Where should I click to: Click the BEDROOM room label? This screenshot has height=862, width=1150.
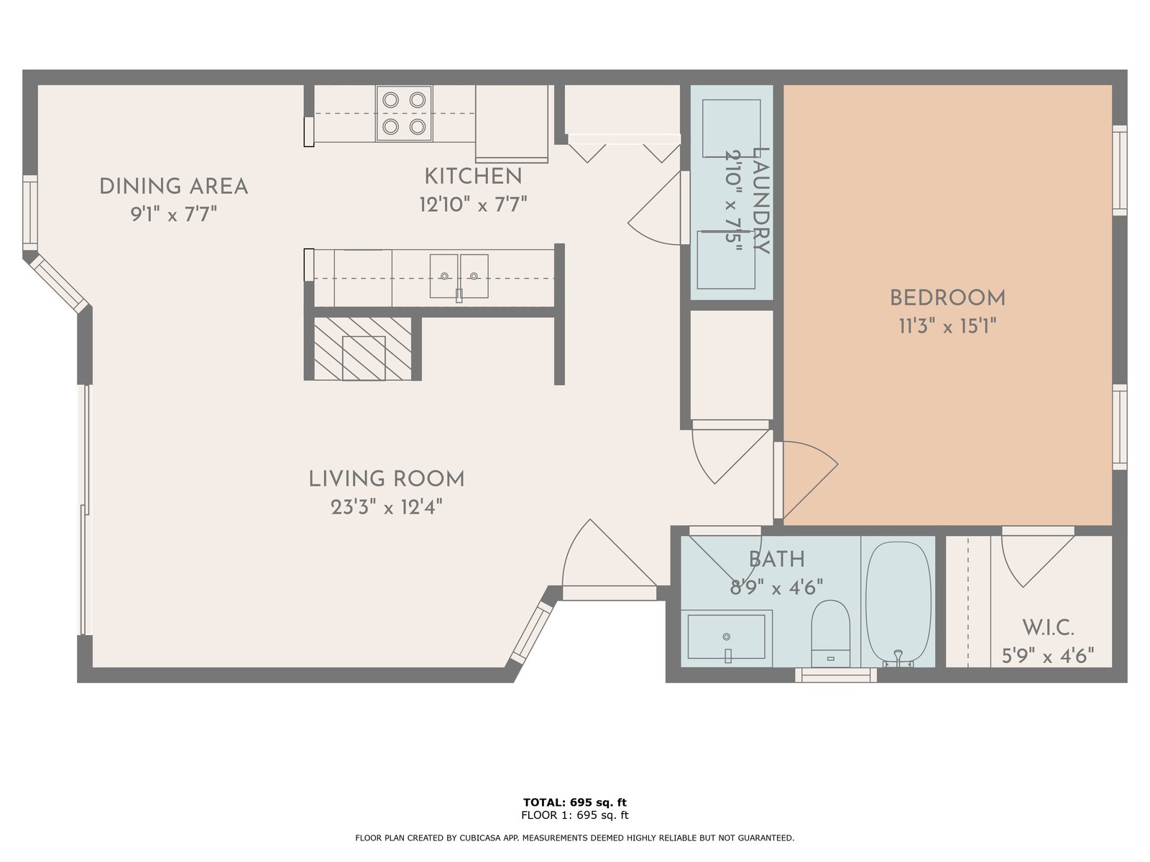click(947, 298)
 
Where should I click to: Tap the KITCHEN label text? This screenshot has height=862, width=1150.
click(473, 177)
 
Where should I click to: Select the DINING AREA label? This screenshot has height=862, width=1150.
click(173, 187)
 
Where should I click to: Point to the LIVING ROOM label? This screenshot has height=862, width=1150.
click(387, 479)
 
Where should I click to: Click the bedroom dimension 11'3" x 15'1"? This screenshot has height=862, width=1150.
click(947, 327)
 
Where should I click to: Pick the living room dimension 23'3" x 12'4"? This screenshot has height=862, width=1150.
click(387, 507)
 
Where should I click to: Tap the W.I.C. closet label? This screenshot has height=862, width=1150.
click(1048, 628)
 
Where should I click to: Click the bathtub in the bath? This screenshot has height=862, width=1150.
click(898, 604)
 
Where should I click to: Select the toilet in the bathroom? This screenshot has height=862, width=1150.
click(830, 634)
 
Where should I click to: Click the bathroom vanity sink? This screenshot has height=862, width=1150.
click(726, 637)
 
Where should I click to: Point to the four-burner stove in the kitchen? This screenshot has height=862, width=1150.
click(404, 113)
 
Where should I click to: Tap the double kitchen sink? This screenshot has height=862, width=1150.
click(459, 277)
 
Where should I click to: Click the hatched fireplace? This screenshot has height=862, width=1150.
click(362, 348)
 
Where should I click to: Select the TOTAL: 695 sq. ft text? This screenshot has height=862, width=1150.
click(575, 802)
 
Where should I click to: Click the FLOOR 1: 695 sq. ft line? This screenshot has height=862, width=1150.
click(575, 815)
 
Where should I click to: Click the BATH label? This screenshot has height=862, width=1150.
click(776, 560)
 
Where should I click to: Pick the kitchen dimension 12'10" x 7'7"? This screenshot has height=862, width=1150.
click(473, 204)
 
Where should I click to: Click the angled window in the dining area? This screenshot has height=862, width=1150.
click(57, 283)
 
